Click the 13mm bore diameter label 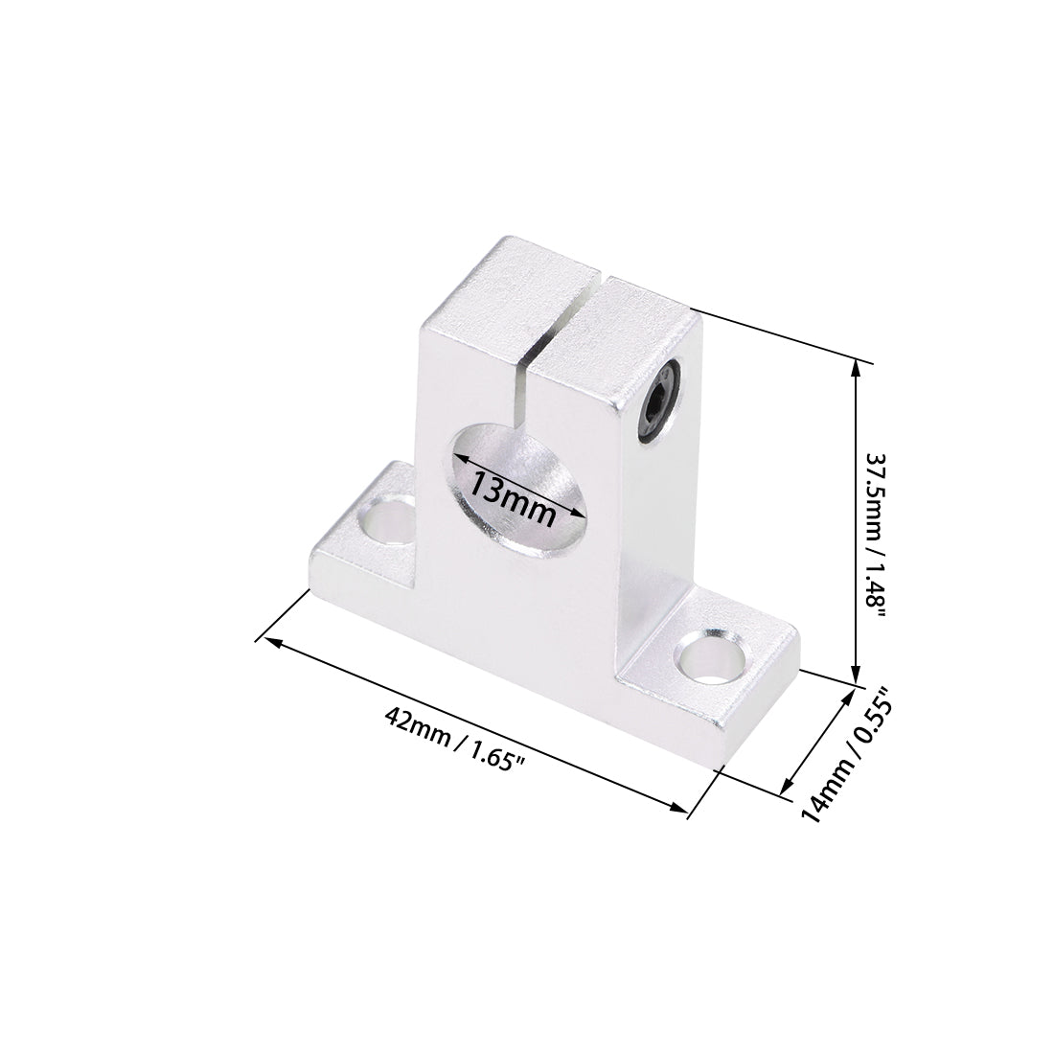[513, 499]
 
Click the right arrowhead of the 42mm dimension [683, 812]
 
